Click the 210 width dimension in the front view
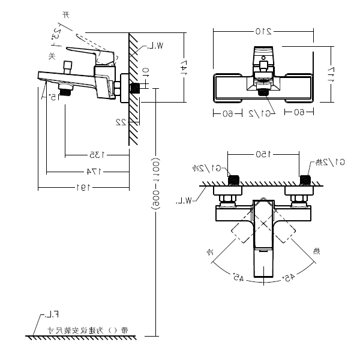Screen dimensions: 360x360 coord(262,31)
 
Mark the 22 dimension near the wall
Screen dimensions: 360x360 coord(120,122)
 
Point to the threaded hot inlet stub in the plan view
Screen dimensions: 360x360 coord(304,180)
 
